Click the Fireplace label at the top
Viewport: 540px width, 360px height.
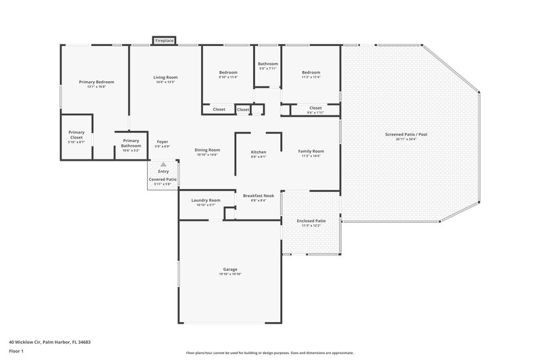click(165, 41)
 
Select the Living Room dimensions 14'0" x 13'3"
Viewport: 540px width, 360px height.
click(165, 82)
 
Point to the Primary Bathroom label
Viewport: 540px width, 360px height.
click(131, 143)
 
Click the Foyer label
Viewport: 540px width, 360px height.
click(163, 142)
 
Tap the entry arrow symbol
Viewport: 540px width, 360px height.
click(162, 164)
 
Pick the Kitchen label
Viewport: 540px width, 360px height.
click(259, 152)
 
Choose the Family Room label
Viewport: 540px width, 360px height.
click(311, 151)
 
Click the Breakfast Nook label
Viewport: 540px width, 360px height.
click(259, 196)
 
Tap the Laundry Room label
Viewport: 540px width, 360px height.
click(206, 200)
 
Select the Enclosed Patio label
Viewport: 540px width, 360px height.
click(311, 220)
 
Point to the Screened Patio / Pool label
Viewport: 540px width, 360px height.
click(406, 134)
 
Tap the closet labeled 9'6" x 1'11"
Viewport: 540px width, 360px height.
click(315, 113)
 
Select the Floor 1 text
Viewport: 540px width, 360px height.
click(17, 352)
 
